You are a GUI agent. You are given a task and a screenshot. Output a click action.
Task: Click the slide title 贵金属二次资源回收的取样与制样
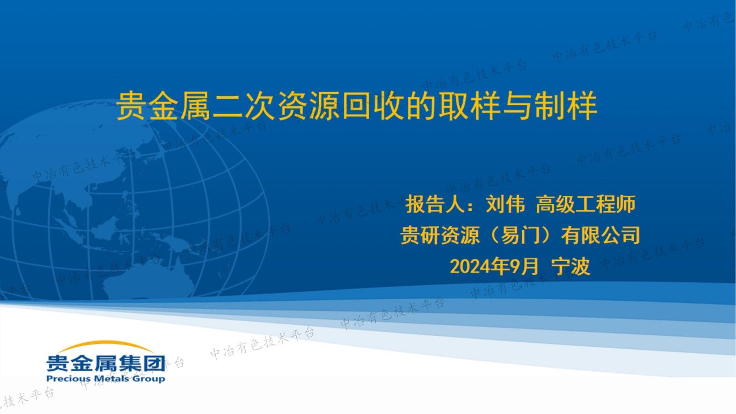pyautogui.click(x=356, y=106)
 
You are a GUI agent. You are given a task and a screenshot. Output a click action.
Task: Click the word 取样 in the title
pyautogui.click(x=469, y=106)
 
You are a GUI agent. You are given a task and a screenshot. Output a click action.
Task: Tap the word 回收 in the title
pyautogui.click(x=373, y=106)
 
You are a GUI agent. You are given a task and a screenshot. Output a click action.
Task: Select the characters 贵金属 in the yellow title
pyautogui.click(x=164, y=106)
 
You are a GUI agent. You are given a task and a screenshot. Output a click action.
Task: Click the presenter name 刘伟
pyautogui.click(x=505, y=204)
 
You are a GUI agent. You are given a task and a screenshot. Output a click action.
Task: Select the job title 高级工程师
pyautogui.click(x=586, y=204)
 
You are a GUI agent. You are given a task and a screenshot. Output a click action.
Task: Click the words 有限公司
pyautogui.click(x=601, y=236)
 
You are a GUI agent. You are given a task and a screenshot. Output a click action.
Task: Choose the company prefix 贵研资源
pyautogui.click(x=440, y=236)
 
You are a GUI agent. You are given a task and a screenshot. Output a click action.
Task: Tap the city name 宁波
pyautogui.click(x=570, y=266)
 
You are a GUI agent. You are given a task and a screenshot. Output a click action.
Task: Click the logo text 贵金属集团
pyautogui.click(x=105, y=363)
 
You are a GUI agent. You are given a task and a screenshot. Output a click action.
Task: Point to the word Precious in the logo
pyautogui.click(x=68, y=379)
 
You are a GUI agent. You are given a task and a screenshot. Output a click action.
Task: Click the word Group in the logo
pyautogui.click(x=149, y=379)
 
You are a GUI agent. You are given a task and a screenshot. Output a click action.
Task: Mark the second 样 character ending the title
pyautogui.click(x=582, y=106)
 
